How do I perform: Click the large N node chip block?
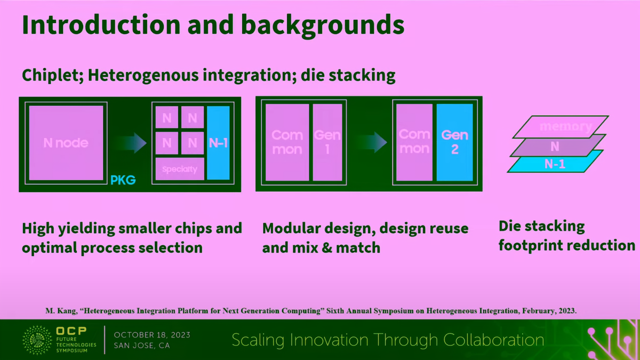tap(66, 142)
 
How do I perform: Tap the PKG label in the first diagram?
tap(123, 181)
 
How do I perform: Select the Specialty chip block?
tap(180, 170)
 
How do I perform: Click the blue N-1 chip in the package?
tap(218, 142)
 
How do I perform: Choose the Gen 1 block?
tap(327, 142)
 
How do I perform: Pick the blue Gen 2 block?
tap(454, 142)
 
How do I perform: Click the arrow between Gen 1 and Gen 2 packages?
tap(372, 142)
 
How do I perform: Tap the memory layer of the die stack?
tap(557, 127)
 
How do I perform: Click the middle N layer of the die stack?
tap(555, 146)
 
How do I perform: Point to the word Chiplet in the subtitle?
tap(51, 75)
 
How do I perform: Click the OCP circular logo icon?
tap(37, 340)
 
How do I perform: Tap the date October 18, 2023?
tap(152, 335)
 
